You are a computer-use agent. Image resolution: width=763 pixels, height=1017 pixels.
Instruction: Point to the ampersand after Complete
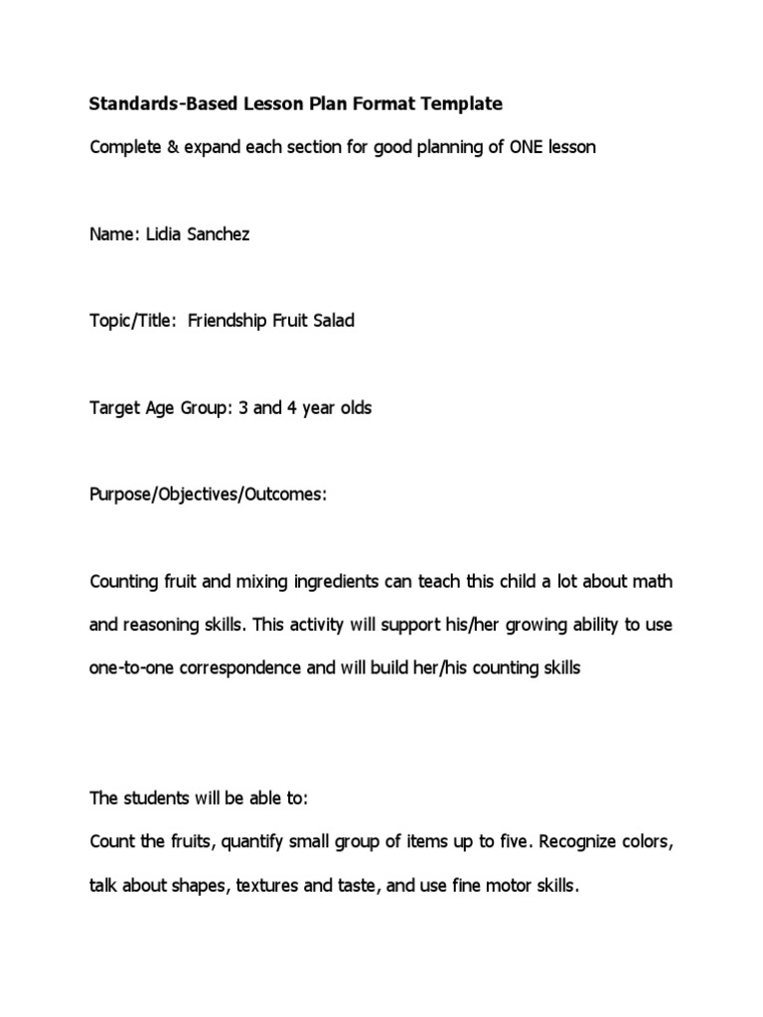[x=164, y=147]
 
